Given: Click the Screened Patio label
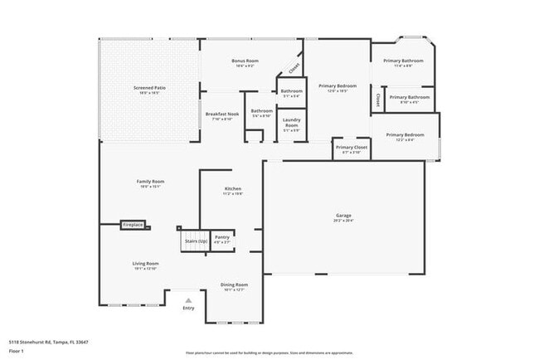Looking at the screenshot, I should coord(150,87).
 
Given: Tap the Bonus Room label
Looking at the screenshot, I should coord(245,61).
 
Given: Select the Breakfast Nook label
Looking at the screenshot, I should coord(221,114).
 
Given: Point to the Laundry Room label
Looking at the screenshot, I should coord(291,122).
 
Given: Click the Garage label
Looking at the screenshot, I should coord(343,216).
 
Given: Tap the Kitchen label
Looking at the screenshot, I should coord(233,189).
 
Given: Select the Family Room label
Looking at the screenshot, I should coord(150,182).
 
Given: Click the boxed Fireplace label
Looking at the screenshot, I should coord(134,225).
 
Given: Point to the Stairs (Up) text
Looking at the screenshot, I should coord(196,241).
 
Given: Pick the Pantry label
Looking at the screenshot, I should coord(222,237).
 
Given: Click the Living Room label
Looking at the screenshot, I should coord(144,264).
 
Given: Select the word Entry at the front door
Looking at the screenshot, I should coord(188,309).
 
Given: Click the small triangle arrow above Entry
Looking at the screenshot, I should coord(188,300).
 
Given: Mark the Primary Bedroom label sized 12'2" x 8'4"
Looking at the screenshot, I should coord(404,135).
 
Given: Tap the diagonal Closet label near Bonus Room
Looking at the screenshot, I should coord(294,67).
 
